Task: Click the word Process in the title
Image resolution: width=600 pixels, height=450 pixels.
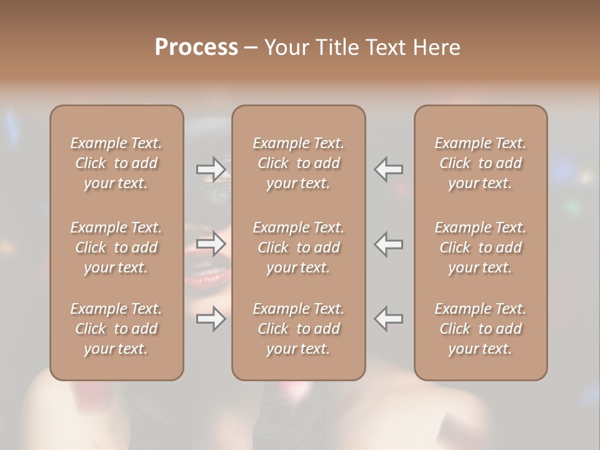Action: (196, 47)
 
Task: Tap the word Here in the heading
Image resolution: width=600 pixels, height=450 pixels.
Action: (436, 47)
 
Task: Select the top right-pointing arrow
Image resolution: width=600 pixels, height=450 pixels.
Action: (211, 169)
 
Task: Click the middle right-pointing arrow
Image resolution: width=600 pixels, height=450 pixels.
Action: (211, 244)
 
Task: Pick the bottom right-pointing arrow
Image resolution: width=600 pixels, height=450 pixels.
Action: (211, 319)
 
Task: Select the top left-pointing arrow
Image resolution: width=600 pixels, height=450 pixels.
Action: (388, 169)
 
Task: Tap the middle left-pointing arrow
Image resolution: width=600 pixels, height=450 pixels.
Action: (388, 244)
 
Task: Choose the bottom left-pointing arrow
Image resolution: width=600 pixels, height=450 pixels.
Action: (388, 319)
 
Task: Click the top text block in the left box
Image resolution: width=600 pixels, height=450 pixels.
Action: (116, 163)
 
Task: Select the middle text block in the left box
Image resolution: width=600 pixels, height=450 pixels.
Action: (116, 247)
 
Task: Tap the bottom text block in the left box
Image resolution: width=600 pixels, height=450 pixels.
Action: (116, 329)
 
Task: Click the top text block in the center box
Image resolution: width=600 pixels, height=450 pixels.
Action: (298, 163)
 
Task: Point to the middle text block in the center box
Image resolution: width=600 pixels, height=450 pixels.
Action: (298, 247)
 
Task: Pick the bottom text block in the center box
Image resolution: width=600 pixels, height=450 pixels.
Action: (298, 329)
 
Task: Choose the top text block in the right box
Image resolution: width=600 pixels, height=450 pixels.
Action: (480, 163)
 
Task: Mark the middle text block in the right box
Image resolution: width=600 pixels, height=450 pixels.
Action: (480, 247)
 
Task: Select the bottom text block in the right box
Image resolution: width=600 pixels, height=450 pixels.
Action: (480, 329)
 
